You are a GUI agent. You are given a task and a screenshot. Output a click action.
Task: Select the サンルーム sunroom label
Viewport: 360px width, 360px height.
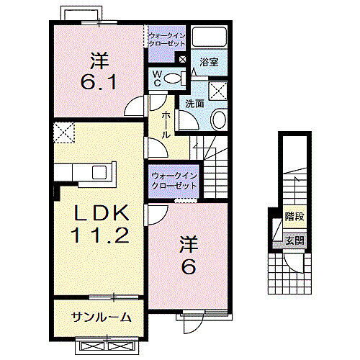pyautogui.click(x=101, y=317)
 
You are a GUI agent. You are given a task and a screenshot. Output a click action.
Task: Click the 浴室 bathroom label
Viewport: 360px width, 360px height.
pyautogui.click(x=209, y=63)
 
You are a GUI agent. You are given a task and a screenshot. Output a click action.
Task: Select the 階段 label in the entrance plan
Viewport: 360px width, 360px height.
pyautogui.click(x=293, y=215)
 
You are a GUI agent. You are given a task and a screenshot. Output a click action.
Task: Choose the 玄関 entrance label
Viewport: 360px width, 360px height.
pyautogui.click(x=293, y=240)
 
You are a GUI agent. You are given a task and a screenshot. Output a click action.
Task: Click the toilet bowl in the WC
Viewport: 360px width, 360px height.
pyautogui.click(x=173, y=78)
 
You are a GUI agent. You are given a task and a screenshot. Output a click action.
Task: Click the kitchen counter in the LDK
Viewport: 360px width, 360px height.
pyautogui.click(x=82, y=174)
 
